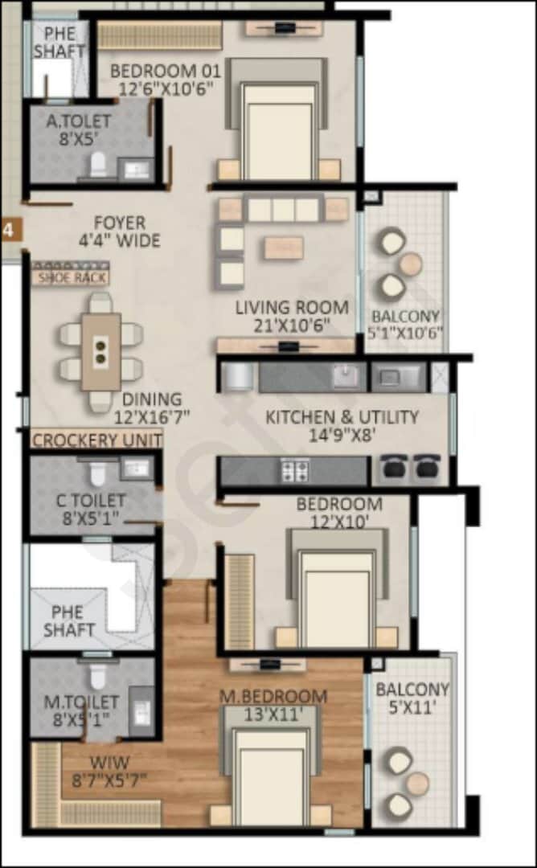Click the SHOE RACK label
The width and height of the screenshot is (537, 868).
pos(68,278)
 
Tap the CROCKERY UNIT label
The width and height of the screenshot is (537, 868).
pos(96,440)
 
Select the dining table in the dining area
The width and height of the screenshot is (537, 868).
pos(101,350)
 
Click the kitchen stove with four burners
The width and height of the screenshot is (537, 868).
pos(295,470)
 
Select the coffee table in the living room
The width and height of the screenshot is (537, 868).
pos(284,247)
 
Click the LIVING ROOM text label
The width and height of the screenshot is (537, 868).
pos(292,307)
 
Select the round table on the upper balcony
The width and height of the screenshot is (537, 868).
pos(411,263)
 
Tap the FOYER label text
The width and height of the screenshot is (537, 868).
pos(120,223)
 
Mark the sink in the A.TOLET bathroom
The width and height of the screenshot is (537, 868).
pos(134,169)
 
